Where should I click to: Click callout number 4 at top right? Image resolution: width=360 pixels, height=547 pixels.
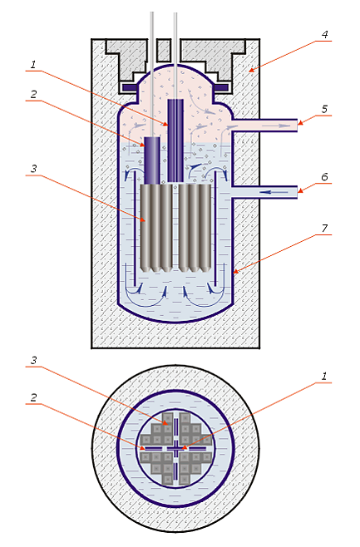pos(325,35)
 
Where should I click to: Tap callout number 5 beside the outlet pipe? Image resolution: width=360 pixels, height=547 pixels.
pos(325,109)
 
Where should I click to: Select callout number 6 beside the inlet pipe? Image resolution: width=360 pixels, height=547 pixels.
pos(325,177)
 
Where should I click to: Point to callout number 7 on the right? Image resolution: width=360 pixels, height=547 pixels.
pos(325,228)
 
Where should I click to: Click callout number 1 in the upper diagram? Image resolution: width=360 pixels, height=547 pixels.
pos(33,65)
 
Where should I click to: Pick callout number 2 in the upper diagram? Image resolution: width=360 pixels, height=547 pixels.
pos(33,94)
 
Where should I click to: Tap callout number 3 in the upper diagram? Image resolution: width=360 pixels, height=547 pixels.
pos(33,169)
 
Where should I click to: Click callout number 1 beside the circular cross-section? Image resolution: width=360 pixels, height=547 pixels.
pos(324,377)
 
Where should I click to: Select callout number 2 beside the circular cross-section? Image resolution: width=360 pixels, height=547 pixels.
pos(33,397)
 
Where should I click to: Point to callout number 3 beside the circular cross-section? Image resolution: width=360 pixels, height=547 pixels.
pos(33,360)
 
